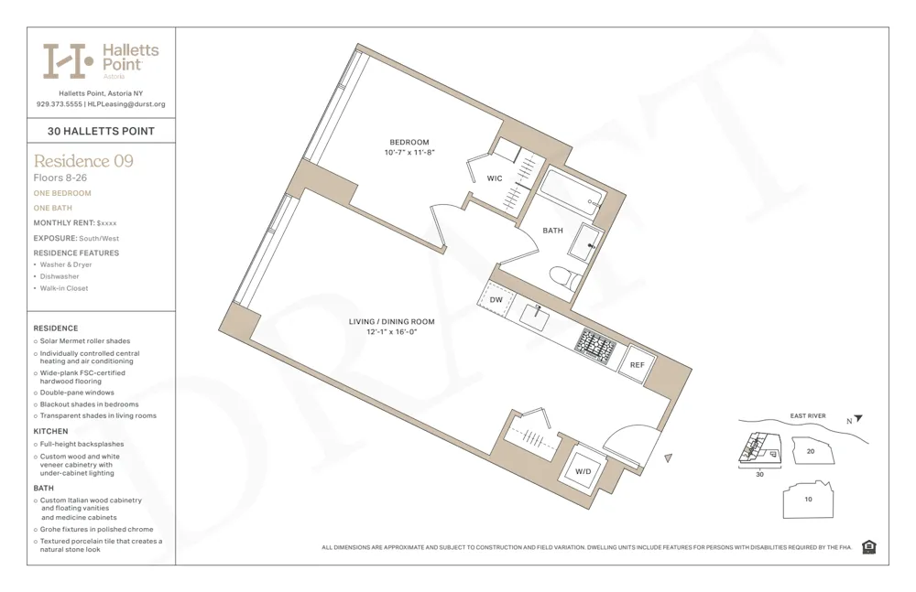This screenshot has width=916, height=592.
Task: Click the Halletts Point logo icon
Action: point(68,61)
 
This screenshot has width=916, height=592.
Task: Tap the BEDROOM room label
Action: point(409,142)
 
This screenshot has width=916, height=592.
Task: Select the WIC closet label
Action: point(494,178)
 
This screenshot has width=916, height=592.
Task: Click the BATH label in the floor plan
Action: point(552,231)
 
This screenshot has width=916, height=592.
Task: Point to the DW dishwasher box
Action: point(496,299)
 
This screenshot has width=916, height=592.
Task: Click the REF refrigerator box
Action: point(637,365)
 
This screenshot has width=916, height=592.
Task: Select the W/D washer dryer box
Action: point(583,471)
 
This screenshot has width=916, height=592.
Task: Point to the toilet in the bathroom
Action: point(564,277)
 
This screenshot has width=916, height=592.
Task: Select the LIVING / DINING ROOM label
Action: point(391,322)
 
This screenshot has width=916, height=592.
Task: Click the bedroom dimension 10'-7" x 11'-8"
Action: point(409,153)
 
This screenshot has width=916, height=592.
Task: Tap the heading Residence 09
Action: point(83,161)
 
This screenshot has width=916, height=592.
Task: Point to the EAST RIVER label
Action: point(807,416)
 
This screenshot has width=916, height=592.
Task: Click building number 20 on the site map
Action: point(810,451)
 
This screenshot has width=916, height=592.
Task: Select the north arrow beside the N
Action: point(858,419)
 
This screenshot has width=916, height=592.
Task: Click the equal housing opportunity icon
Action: point(868,547)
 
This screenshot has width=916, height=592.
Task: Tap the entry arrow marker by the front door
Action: point(669,457)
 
